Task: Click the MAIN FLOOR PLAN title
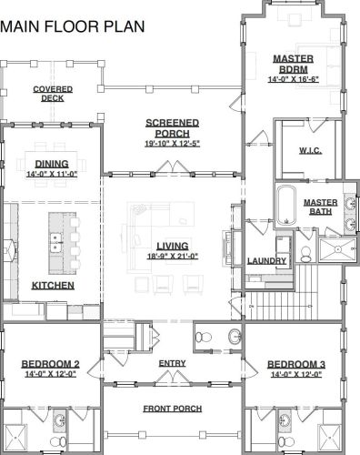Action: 73,26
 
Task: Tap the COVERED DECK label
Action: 53,94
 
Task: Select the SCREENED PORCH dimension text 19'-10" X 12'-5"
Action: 172,144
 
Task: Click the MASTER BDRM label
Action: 294,64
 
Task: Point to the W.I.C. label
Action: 310,150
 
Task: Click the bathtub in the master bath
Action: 285,206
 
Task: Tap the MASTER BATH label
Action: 321,207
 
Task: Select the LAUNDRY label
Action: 266,261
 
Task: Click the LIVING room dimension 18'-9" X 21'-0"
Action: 173,257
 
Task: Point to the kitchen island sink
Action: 55,243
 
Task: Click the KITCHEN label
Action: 53,286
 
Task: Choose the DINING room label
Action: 52,164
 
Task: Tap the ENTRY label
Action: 172,363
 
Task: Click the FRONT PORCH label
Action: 173,409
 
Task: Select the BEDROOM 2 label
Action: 51,364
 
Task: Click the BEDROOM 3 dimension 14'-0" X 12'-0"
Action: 296,374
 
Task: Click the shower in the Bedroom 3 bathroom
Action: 330,439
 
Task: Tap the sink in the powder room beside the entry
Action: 235,337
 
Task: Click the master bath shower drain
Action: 337,249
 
